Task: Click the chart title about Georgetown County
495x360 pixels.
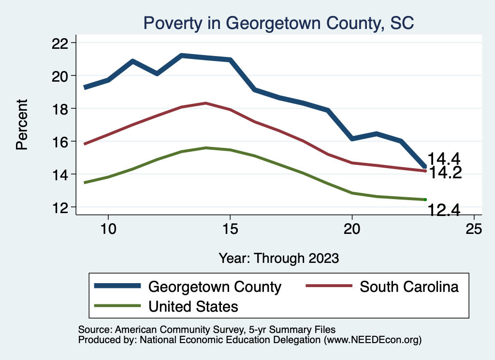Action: click(279, 23)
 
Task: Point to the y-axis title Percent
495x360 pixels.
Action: click(22, 124)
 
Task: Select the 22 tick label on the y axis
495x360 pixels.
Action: click(60, 43)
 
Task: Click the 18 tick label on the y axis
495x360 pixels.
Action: click(60, 109)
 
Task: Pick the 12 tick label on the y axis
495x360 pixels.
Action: click(60, 207)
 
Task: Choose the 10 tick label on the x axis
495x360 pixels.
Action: click(108, 230)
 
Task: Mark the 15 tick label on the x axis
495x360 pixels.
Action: click(230, 230)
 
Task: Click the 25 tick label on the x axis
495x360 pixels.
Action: click(474, 230)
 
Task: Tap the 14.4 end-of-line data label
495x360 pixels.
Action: click(444, 158)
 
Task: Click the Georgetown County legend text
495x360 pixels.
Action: click(215, 287)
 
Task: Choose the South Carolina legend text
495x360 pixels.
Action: click(409, 287)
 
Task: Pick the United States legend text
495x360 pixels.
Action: click(193, 306)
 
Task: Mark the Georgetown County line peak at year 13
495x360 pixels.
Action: click(181, 56)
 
